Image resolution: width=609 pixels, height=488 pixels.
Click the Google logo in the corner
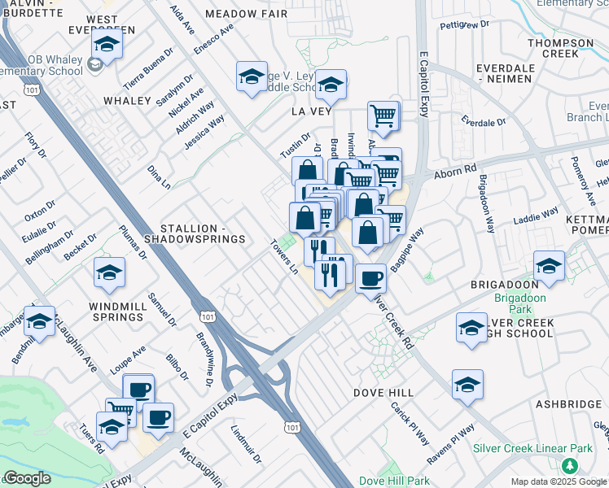click(x=27, y=478)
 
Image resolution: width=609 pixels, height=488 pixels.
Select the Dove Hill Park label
click(x=394, y=481)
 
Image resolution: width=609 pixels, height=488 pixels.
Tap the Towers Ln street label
click(x=285, y=256)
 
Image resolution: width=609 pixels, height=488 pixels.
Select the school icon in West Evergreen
click(x=106, y=44)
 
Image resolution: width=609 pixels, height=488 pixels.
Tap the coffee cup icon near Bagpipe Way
click(x=370, y=278)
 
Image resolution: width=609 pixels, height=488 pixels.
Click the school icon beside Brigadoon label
click(x=550, y=266)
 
